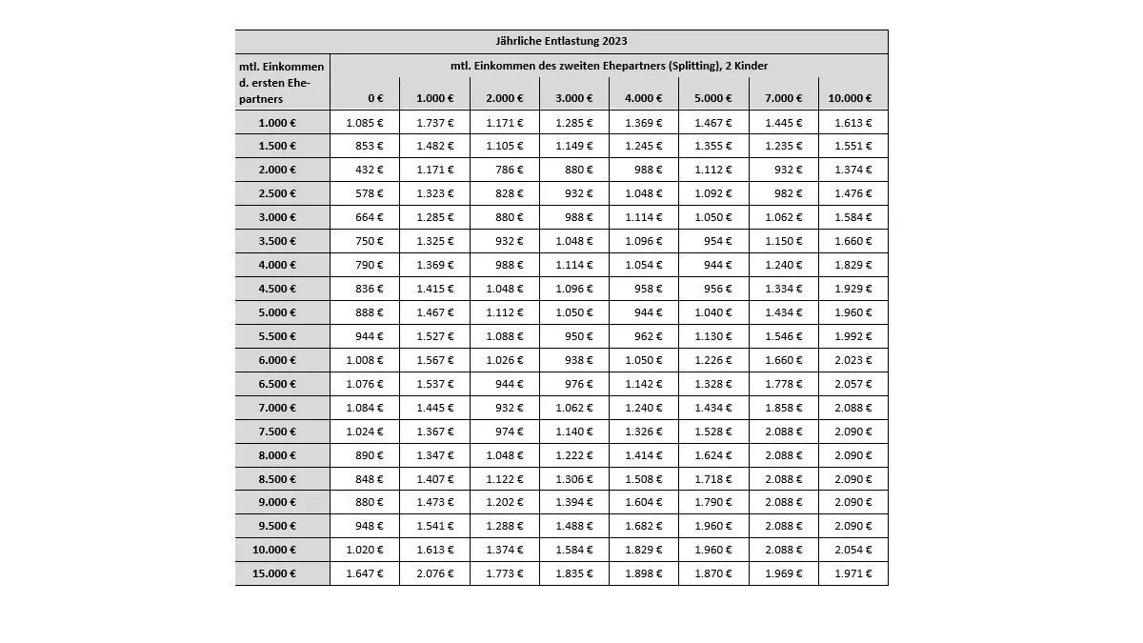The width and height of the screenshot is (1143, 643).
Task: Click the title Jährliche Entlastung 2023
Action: click(561, 42)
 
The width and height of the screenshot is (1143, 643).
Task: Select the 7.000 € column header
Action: click(783, 98)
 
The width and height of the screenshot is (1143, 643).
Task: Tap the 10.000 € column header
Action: click(850, 98)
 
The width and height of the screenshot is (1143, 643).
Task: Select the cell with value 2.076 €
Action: click(434, 573)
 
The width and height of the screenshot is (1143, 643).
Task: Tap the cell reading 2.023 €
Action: click(852, 360)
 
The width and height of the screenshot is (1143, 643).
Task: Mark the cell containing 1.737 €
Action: click(434, 123)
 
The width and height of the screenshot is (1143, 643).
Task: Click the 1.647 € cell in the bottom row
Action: click(365, 573)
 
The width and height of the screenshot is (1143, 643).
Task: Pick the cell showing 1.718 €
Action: click(713, 479)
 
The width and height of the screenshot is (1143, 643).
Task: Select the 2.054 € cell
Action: click(852, 550)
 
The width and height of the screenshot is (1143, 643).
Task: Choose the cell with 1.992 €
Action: click(852, 336)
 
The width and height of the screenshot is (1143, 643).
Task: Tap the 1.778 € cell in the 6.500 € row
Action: click(783, 384)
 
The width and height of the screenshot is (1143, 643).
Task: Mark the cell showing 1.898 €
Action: click(644, 573)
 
